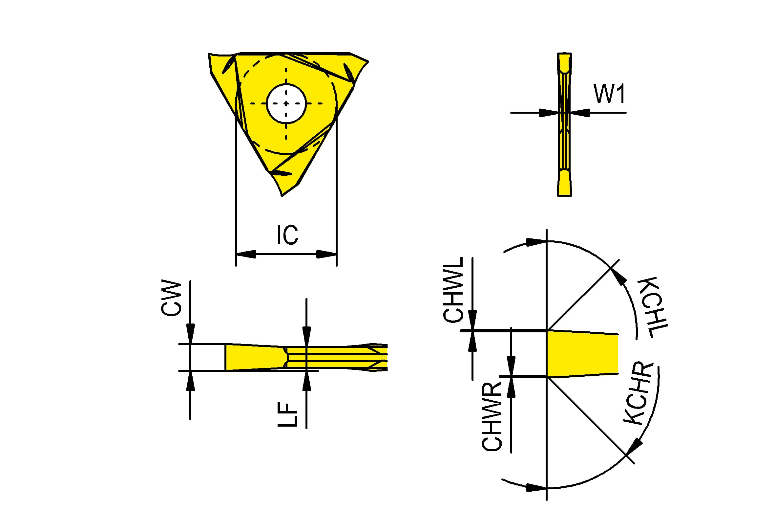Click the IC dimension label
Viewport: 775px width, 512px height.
287,235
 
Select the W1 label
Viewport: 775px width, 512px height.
609,94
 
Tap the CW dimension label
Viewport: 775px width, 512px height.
171,298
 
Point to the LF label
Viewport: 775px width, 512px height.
287,414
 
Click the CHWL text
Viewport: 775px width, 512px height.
453,289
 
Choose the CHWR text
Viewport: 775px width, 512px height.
492,416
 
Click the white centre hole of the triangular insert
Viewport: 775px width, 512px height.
286,103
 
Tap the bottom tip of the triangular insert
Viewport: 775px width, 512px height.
282,196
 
